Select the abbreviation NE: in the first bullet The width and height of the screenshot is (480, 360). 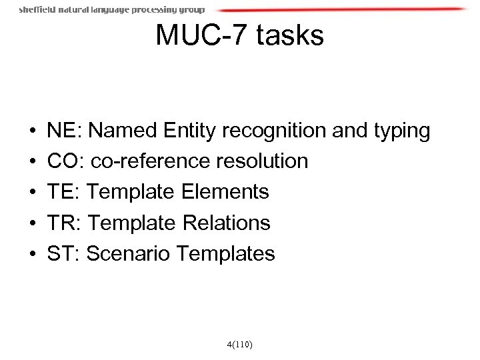pos(64,131)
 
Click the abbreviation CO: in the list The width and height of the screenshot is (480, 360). pos(65,161)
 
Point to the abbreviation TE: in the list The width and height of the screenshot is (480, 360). pos(63,192)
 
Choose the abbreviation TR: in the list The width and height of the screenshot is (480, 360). pos(64,223)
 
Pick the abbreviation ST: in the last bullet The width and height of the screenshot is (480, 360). pos(63,253)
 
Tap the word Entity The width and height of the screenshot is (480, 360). pos(193,131)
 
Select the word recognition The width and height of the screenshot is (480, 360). pos(277,131)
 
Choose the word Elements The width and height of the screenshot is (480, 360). pos(225,192)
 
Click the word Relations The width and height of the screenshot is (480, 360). pos(226,223)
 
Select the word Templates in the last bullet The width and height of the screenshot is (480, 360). pos(226,253)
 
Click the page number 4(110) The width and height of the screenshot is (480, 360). pos(239,345)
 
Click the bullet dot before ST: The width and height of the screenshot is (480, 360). pos(33,254)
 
